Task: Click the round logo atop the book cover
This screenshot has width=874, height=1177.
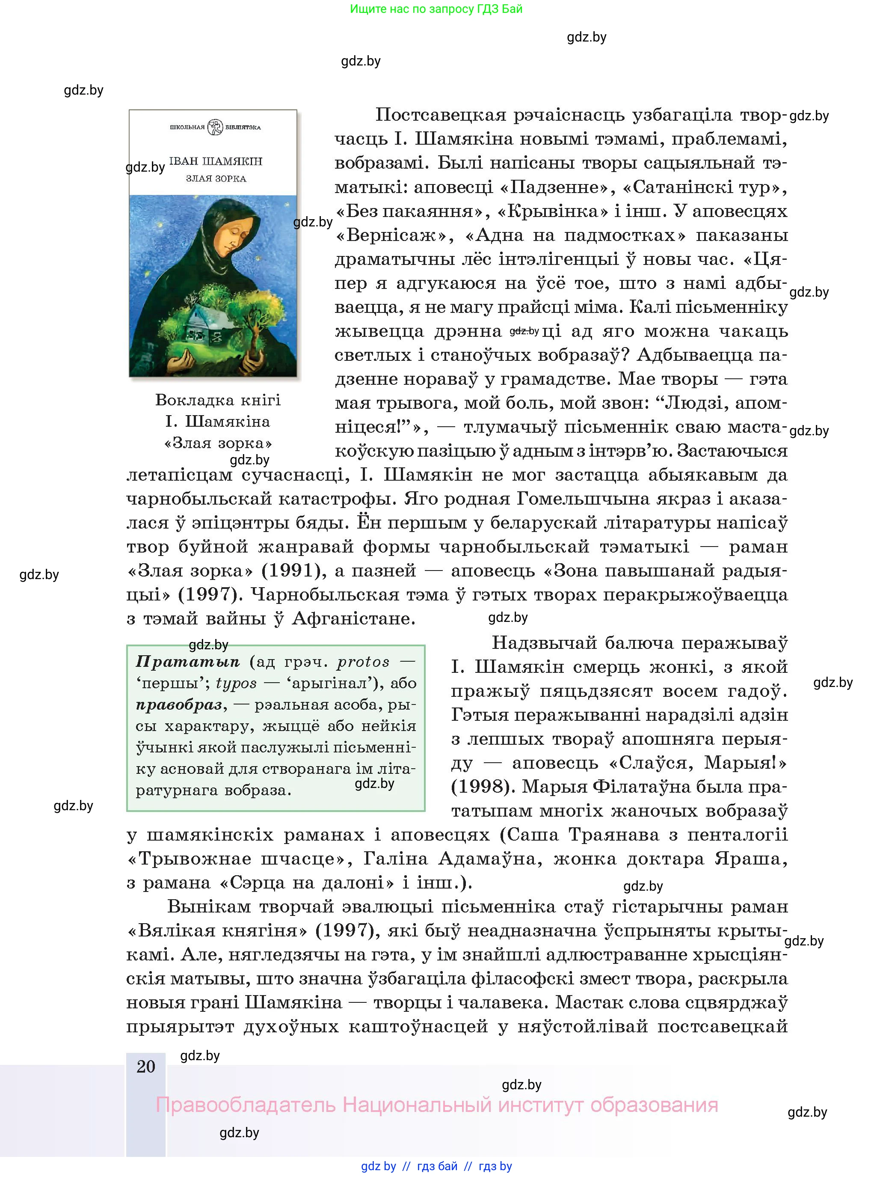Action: [x=215, y=127]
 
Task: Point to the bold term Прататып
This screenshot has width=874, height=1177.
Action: [x=188, y=662]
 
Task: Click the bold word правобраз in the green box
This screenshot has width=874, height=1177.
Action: [x=179, y=704]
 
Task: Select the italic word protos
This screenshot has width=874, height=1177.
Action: [x=363, y=662]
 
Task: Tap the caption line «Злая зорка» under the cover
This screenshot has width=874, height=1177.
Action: [x=218, y=443]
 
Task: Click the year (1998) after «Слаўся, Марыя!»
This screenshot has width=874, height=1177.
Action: [x=483, y=786]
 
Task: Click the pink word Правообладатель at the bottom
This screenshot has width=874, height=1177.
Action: [x=246, y=1105]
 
